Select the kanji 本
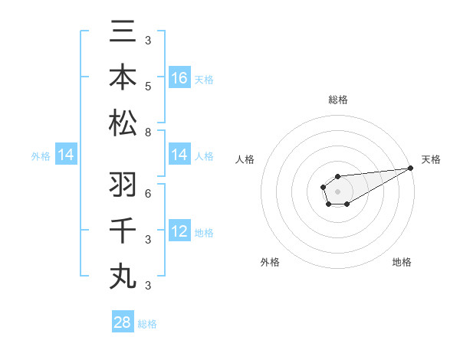click(123, 78)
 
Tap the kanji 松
click(123, 123)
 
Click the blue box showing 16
click(179, 78)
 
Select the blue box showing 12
click(179, 231)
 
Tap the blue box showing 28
click(123, 322)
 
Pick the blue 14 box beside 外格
click(66, 155)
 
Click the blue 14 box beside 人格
click(179, 155)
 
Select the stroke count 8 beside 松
click(148, 133)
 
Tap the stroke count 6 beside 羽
click(148, 192)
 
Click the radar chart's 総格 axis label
click(337, 100)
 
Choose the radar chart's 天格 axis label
click(431, 159)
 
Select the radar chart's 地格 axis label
click(402, 262)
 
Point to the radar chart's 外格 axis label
click(270, 262)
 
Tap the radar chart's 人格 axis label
click(245, 159)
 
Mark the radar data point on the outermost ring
click(410, 168)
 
